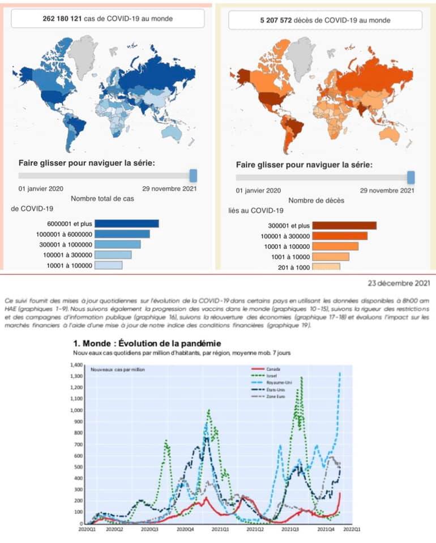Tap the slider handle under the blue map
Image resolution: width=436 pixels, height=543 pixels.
[193, 175]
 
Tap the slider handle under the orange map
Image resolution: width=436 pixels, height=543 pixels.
[411, 177]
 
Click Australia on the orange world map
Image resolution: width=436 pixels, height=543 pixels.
[390, 131]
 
